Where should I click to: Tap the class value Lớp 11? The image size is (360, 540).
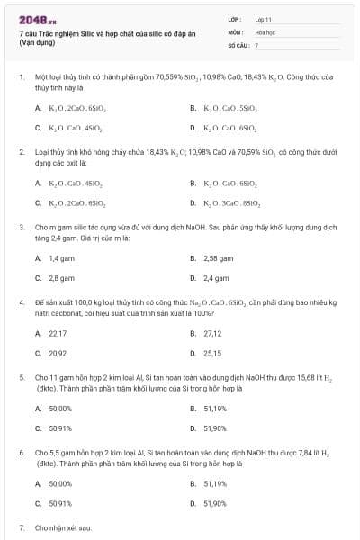[x=263, y=19]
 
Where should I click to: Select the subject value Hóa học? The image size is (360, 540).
[x=264, y=31]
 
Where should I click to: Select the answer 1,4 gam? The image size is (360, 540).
[x=60, y=257]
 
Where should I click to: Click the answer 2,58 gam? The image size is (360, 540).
[x=217, y=257]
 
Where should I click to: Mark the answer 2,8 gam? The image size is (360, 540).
[x=60, y=279]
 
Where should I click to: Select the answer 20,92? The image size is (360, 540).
[x=58, y=353]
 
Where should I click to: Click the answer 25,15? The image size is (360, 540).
[x=212, y=353]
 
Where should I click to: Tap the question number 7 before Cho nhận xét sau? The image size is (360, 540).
[x=22, y=526]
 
